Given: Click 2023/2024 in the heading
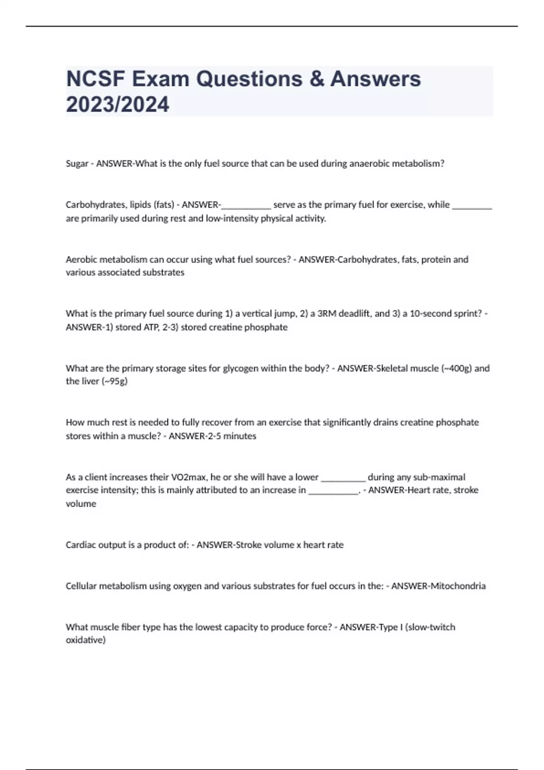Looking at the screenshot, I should [x=117, y=104].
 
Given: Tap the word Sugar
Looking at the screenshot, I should [x=77, y=164].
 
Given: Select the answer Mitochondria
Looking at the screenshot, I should [x=458, y=586].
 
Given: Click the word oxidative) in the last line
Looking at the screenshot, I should [x=86, y=640].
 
